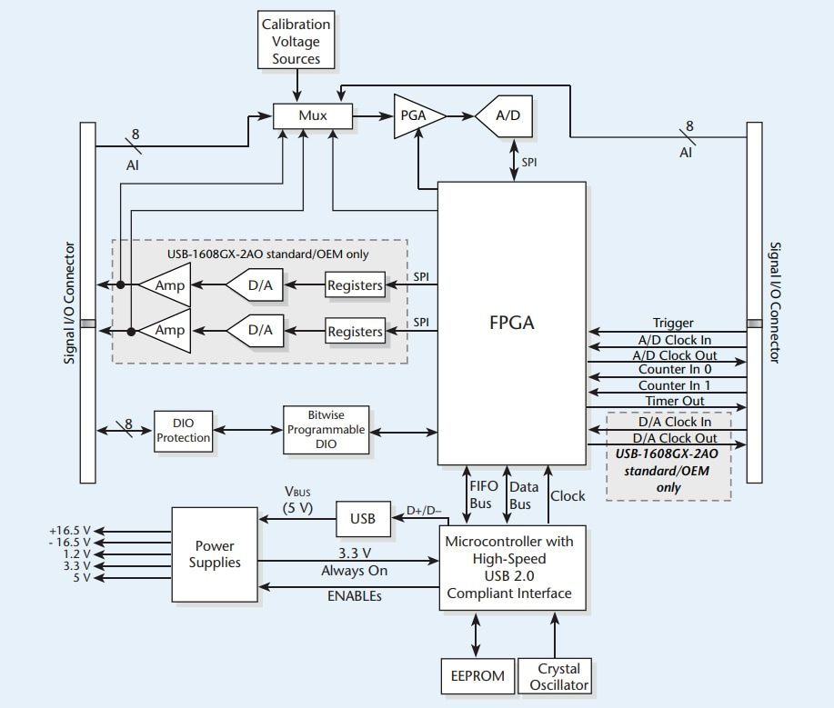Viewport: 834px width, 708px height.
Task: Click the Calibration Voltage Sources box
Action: click(x=296, y=43)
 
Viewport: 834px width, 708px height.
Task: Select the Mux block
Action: click(x=313, y=116)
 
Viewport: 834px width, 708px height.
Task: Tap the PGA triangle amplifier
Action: click(x=417, y=116)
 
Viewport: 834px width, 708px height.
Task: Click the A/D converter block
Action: click(x=506, y=116)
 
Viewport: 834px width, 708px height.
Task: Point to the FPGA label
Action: click(x=512, y=323)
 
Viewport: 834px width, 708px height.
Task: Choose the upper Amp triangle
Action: click(x=167, y=285)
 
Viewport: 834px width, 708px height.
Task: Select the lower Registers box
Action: click(x=355, y=332)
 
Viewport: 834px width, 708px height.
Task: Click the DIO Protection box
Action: click(x=183, y=430)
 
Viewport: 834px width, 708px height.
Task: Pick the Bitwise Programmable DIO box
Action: click(x=327, y=430)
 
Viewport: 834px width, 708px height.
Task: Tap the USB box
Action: click(x=363, y=520)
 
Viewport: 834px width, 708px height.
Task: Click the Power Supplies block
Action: click(x=215, y=553)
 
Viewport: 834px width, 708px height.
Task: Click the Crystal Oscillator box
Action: click(x=554, y=677)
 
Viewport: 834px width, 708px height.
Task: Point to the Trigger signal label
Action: click(x=673, y=323)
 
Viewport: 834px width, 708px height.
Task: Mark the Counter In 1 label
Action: click(x=674, y=385)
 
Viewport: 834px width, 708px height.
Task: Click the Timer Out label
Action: click(x=674, y=402)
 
